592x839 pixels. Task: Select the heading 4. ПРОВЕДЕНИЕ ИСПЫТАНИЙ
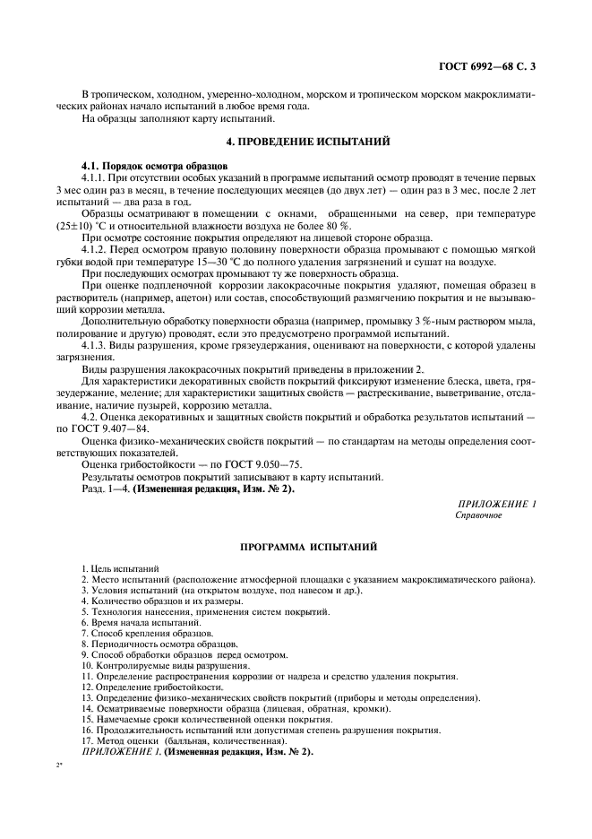click(295, 142)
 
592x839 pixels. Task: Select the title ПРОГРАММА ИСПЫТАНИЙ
click(295, 545)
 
